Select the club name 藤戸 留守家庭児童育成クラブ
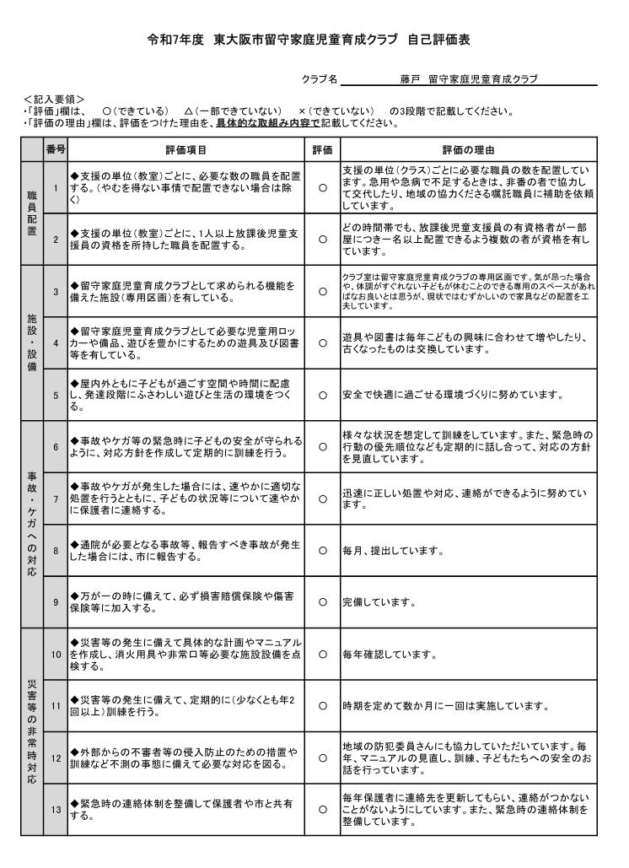point(468,79)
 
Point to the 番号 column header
point(55,150)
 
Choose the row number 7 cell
point(55,499)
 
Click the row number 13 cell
point(55,810)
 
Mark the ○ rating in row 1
point(322,187)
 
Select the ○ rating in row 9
point(322,602)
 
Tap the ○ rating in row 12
point(322,758)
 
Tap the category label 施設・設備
point(32,343)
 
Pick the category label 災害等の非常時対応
point(32,731)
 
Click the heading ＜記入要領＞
point(55,100)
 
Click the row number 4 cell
point(55,343)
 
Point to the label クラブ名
point(320,79)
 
